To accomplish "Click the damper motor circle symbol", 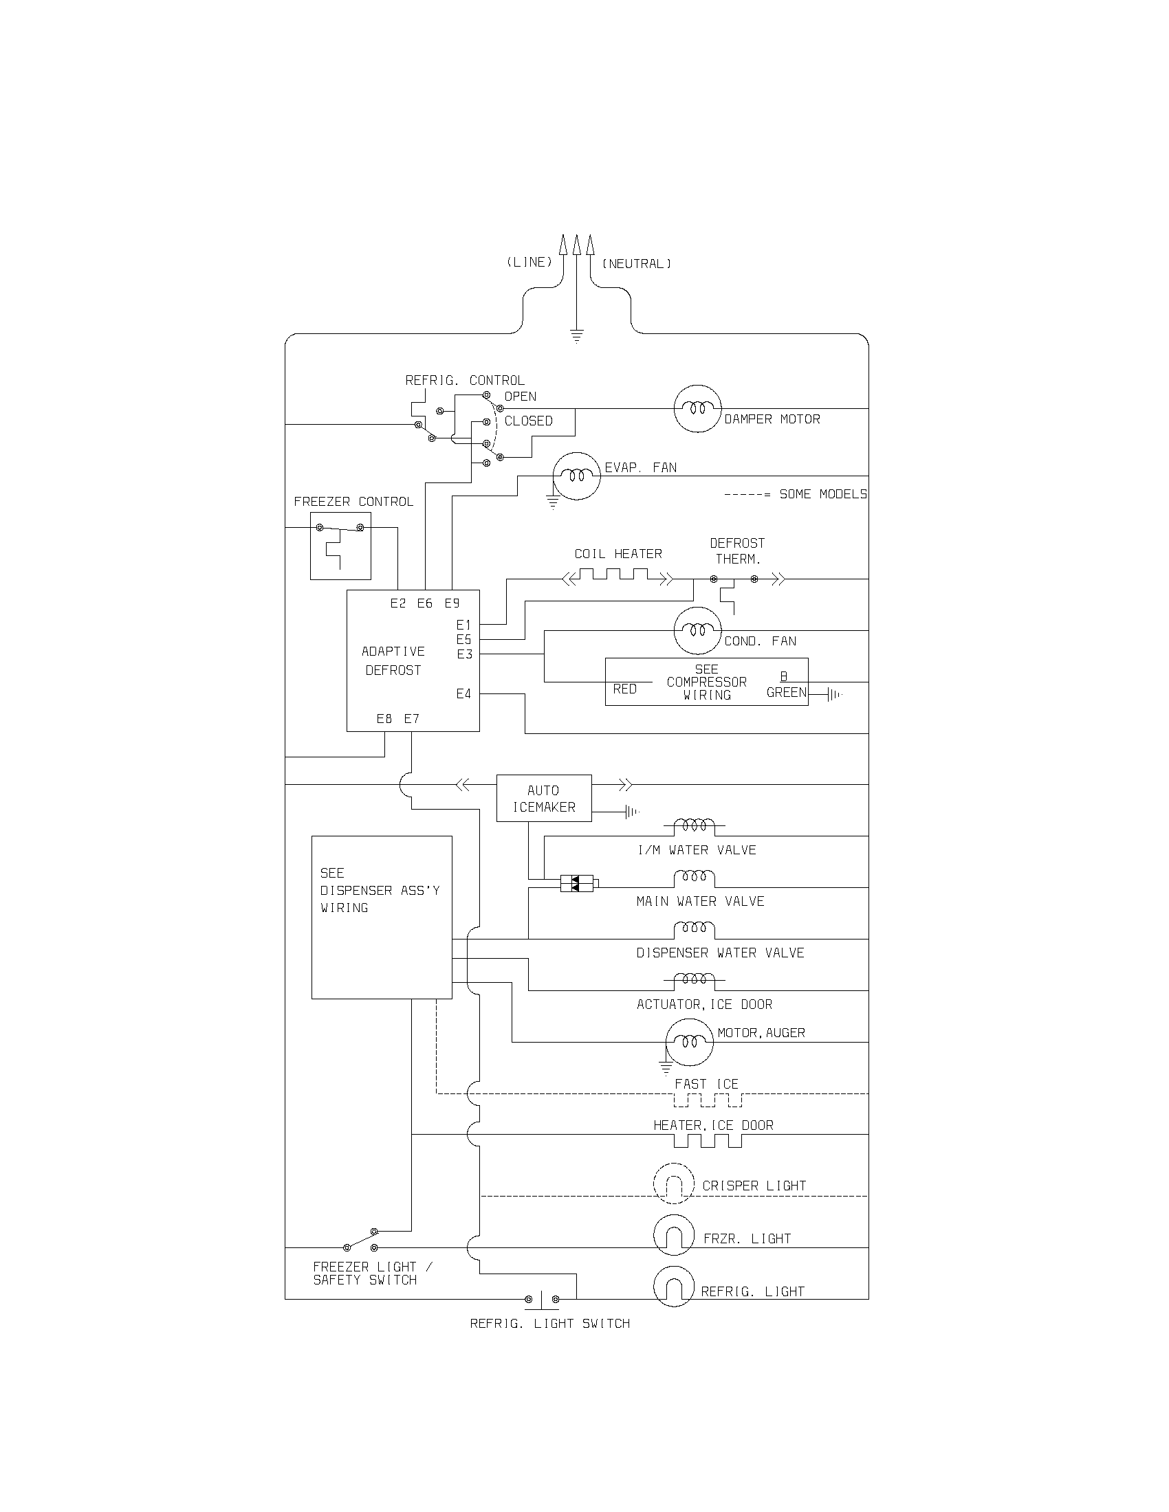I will [697, 408].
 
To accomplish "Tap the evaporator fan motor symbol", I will [576, 476].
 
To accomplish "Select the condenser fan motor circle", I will [697, 630].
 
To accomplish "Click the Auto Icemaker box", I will [544, 798].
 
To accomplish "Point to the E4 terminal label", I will [463, 693].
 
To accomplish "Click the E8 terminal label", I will [384, 719].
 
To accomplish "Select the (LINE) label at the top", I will [529, 263].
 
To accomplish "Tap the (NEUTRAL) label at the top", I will [637, 264].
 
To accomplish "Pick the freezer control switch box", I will [340, 546].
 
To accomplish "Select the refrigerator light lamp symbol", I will [674, 1287].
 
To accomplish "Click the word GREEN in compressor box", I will [786, 692].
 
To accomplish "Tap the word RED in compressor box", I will [624, 689].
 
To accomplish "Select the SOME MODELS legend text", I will [822, 494].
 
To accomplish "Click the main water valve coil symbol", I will [694, 878].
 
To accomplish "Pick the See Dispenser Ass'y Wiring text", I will [379, 890].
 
